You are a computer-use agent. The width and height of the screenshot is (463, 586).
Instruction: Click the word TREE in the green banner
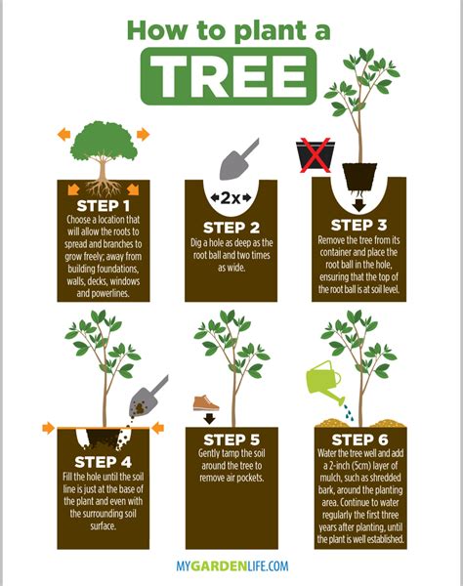pyautogui.click(x=231, y=72)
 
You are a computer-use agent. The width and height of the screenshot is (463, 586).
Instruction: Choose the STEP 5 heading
pyautogui.click(x=231, y=439)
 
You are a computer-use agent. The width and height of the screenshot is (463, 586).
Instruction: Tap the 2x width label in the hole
pyautogui.click(x=231, y=198)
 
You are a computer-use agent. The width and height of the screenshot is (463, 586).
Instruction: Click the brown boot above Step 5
pyautogui.click(x=205, y=402)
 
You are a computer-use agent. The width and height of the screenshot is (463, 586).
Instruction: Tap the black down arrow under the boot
pyautogui.click(x=206, y=421)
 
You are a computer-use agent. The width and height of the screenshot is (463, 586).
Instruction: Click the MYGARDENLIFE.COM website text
pyautogui.click(x=231, y=565)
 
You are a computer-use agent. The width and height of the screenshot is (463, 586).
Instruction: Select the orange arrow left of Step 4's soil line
pyautogui.click(x=48, y=428)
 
